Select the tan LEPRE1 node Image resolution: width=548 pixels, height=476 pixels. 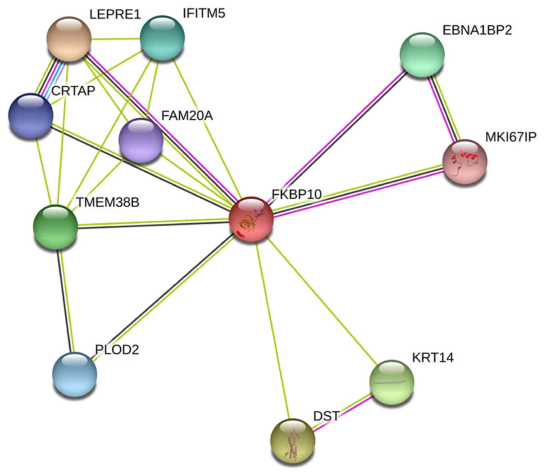[69, 39]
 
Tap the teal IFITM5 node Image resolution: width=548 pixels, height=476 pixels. [162, 38]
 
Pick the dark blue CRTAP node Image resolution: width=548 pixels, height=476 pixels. [30, 115]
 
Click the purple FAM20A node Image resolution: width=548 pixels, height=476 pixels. [141, 140]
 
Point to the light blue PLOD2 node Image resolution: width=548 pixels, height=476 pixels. [75, 374]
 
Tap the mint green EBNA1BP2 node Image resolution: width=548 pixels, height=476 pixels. [422, 55]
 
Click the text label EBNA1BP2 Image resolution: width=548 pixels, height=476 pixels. [477, 30]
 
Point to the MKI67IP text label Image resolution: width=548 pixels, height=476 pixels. [510, 137]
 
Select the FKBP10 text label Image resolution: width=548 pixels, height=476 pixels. [296, 194]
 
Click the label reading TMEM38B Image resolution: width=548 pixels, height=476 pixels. [108, 203]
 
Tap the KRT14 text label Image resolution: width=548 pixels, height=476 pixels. [433, 358]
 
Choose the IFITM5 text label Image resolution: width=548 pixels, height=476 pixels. [204, 14]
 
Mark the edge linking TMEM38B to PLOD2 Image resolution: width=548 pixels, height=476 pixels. [65, 301]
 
